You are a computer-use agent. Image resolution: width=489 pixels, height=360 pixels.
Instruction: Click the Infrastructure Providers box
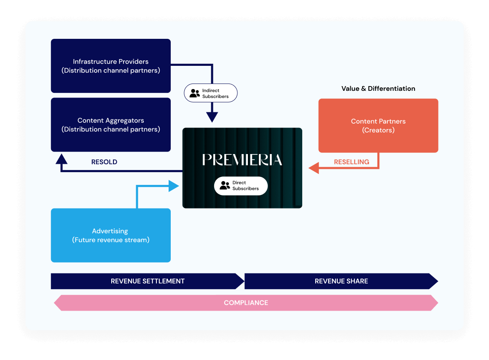pos(110,66)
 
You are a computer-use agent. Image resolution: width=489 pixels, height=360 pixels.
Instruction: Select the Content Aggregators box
pos(110,125)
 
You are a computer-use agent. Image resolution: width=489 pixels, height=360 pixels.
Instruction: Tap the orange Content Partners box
pos(378,125)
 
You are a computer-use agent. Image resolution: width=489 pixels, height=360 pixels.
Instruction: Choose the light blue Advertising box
pos(110,235)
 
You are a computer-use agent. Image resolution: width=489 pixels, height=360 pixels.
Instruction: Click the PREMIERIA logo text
pos(242,160)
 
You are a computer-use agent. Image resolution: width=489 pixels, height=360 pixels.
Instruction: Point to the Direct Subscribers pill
pos(241,186)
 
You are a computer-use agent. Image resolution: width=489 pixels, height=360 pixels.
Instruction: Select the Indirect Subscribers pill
pos(211,93)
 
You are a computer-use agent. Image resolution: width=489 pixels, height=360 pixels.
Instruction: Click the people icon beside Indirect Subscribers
pos(194,93)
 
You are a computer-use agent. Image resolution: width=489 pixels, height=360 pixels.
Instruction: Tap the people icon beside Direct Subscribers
pos(225,186)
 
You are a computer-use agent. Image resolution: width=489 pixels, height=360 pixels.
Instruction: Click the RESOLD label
pos(104,162)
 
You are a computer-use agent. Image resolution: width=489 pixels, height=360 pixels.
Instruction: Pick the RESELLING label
pos(351,162)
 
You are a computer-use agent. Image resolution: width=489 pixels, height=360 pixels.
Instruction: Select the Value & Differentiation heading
pos(378,89)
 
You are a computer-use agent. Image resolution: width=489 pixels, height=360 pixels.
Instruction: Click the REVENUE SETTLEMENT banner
pos(148,281)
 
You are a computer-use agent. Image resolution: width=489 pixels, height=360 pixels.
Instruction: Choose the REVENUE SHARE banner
pos(341,281)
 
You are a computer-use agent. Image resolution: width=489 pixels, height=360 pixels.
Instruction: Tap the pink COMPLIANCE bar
pos(246,303)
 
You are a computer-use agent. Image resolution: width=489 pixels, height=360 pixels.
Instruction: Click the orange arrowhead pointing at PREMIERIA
pos(313,168)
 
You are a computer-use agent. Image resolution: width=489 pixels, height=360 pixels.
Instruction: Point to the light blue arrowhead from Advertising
pos(174,186)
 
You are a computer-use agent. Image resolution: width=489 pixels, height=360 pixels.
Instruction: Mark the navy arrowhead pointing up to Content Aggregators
pos(62,159)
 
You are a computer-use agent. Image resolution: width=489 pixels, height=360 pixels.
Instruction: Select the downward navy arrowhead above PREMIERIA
pos(212,117)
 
